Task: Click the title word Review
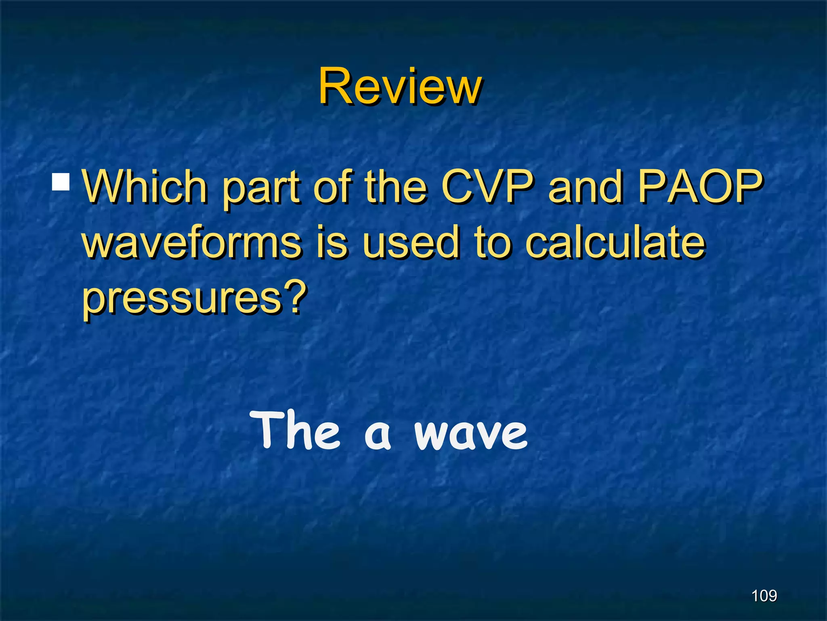pyautogui.click(x=399, y=87)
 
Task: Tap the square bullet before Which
pyautogui.click(x=61, y=182)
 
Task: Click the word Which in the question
pyautogui.click(x=144, y=187)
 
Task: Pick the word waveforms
pyautogui.click(x=192, y=243)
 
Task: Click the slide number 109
pyautogui.click(x=764, y=596)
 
